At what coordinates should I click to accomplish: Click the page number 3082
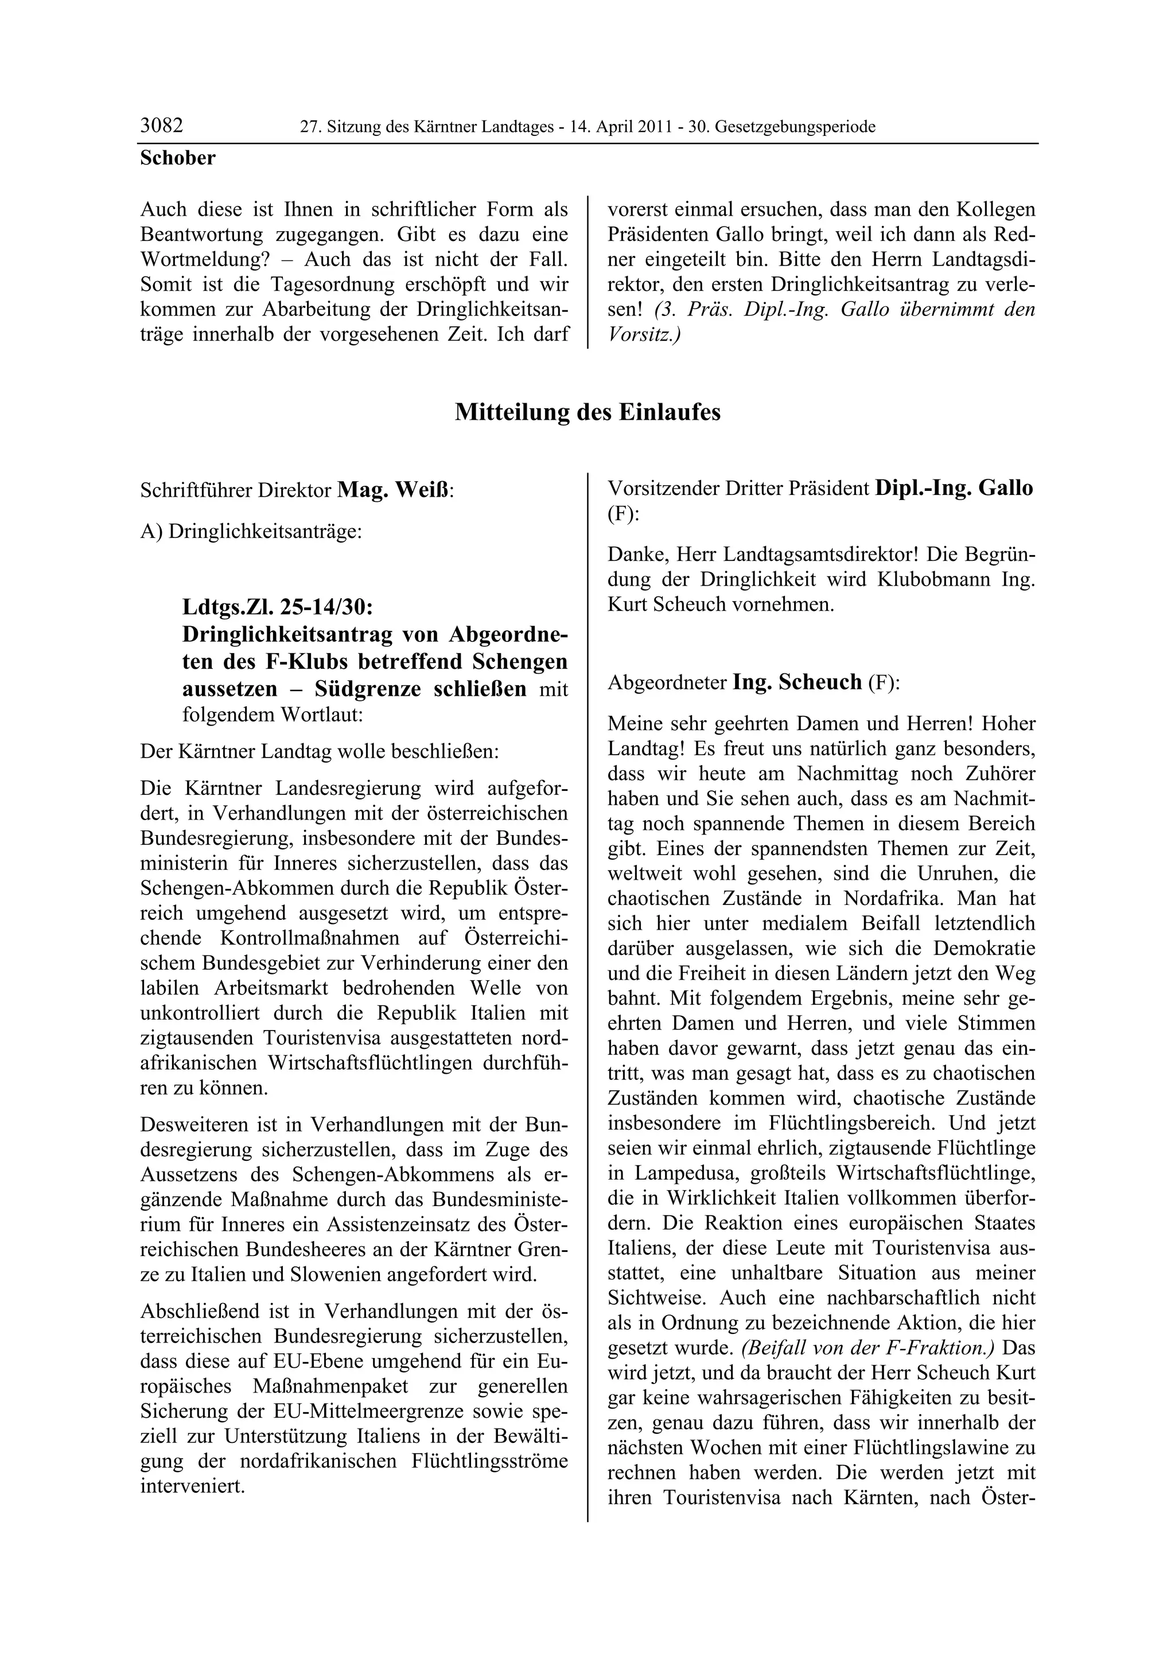161,126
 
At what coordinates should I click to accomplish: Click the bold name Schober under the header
177,158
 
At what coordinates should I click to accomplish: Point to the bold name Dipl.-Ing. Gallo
954,488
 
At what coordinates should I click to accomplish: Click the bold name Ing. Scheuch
797,682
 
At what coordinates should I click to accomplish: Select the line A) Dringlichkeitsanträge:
251,531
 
